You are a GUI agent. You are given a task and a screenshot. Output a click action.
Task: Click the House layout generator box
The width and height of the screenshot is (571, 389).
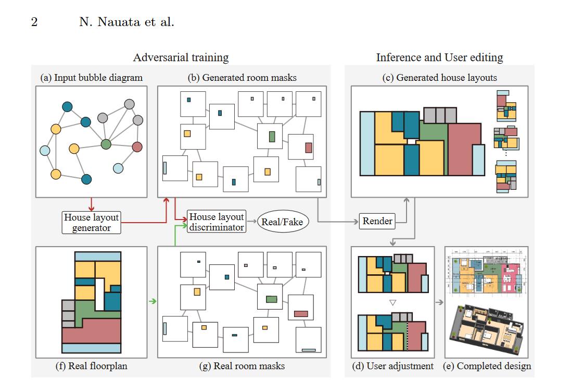click(x=91, y=222)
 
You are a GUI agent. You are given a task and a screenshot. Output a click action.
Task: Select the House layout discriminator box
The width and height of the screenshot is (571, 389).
click(x=216, y=222)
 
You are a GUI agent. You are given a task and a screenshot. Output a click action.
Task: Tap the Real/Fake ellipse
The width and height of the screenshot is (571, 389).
click(x=282, y=222)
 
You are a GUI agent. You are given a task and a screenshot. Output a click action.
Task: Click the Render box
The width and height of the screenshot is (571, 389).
click(x=377, y=221)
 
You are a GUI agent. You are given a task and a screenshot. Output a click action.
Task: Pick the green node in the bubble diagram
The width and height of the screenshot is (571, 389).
click(x=106, y=143)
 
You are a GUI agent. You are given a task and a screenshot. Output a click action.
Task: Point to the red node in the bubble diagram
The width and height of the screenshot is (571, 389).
click(x=137, y=147)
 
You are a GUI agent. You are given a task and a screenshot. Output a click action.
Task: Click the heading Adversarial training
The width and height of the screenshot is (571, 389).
click(x=181, y=57)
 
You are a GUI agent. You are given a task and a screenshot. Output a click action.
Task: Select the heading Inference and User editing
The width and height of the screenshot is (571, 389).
click(x=439, y=57)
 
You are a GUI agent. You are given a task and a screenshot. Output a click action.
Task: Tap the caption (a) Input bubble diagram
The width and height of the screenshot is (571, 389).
click(x=91, y=78)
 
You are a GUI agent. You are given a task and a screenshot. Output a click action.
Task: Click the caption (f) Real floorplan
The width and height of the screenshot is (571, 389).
click(x=91, y=366)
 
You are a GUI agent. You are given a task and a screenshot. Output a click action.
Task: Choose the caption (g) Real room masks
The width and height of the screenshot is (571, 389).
click(x=242, y=366)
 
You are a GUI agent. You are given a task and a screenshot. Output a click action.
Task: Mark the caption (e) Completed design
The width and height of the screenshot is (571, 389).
click(x=487, y=366)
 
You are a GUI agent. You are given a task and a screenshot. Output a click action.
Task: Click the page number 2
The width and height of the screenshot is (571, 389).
click(x=34, y=22)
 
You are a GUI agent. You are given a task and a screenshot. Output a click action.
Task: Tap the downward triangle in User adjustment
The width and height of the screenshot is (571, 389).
click(x=393, y=302)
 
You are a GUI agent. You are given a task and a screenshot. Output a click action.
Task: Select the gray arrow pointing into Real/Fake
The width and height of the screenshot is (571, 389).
click(x=251, y=222)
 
